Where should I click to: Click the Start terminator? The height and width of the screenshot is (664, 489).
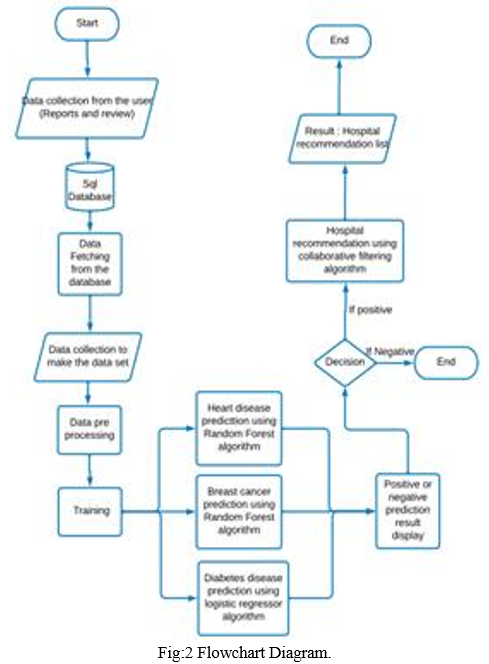click(x=87, y=24)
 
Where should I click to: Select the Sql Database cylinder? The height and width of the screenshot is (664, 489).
click(x=90, y=187)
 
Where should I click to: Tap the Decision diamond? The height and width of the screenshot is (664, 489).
click(x=345, y=362)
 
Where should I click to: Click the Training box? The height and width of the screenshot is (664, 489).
click(x=90, y=512)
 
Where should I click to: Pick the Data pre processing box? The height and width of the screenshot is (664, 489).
click(x=89, y=430)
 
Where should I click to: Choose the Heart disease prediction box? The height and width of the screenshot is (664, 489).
click(x=239, y=428)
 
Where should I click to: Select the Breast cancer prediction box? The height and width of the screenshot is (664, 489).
click(x=239, y=512)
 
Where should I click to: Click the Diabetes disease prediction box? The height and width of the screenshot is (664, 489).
click(x=243, y=598)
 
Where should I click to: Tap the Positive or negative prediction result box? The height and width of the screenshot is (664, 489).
click(x=407, y=511)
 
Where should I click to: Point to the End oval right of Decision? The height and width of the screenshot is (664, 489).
click(x=446, y=362)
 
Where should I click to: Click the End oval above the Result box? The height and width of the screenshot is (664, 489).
click(x=339, y=41)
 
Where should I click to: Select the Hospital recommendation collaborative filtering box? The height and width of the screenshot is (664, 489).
click(x=345, y=251)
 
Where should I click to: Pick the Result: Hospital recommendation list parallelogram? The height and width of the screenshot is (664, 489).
click(x=343, y=138)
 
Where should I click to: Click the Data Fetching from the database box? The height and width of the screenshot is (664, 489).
click(x=90, y=263)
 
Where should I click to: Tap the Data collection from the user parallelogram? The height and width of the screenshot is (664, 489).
click(x=87, y=108)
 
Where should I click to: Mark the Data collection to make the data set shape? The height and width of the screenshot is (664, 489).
click(x=88, y=357)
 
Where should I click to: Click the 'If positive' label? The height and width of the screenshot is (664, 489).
click(x=370, y=310)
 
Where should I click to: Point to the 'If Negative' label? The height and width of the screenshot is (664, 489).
click(x=390, y=351)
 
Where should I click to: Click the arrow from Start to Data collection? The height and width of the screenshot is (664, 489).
click(x=88, y=59)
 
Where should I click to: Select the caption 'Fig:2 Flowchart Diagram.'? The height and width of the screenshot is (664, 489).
click(x=244, y=652)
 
